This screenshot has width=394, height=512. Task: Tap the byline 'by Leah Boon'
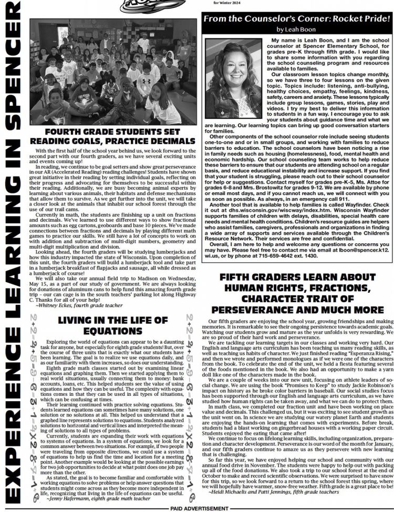[x=297, y=29]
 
